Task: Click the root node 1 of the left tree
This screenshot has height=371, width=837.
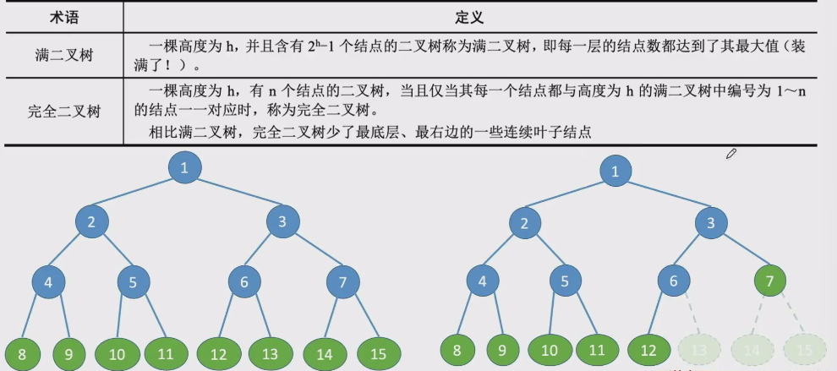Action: coord(184,167)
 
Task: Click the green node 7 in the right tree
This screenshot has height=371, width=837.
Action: coord(769,281)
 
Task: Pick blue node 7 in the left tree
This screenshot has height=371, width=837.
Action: coord(342,283)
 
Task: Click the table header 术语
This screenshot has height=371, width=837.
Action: coord(63,16)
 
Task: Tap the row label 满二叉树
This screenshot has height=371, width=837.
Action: coord(63,56)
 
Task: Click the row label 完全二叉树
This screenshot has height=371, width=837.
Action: coord(63,111)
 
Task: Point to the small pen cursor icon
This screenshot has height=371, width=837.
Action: coord(731,154)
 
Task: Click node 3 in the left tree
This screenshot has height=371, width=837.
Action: coord(282,222)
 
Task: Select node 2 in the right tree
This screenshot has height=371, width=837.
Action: coord(525,224)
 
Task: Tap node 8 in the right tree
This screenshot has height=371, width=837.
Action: coord(457,349)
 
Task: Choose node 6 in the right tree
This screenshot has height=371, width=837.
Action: coord(674,281)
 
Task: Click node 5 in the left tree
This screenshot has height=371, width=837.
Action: coord(133,283)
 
